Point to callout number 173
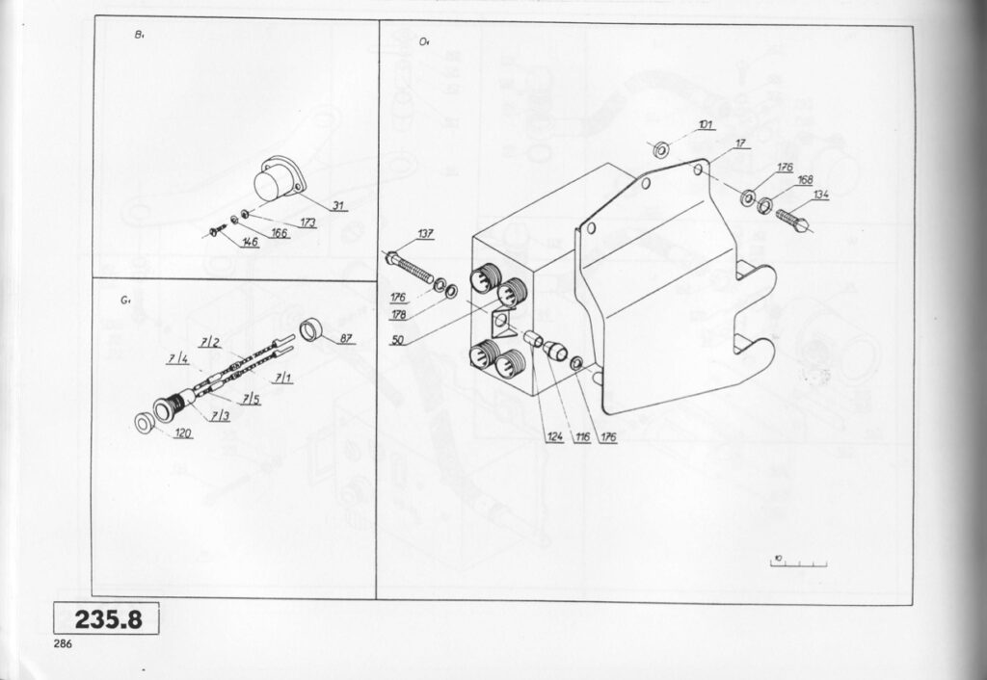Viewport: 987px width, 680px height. click(307, 223)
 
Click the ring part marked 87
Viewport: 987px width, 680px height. click(311, 328)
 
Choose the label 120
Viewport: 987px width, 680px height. click(184, 434)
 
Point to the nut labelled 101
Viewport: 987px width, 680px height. click(661, 149)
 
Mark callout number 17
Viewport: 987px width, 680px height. click(740, 144)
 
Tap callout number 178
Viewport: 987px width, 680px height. click(399, 314)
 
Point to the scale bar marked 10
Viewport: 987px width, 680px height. click(799, 562)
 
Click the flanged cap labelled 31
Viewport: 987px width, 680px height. click(276, 182)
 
